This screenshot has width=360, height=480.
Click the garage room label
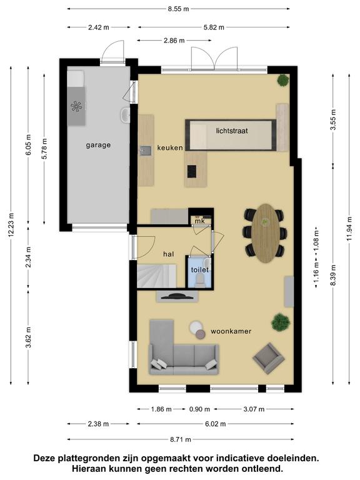[x=98, y=145]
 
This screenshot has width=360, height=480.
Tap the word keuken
[x=170, y=148]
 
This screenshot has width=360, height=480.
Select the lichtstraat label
[x=232, y=131]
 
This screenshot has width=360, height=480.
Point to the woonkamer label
[x=231, y=331]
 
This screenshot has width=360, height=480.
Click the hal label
[x=169, y=254]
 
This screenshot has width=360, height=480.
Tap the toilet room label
[x=200, y=270]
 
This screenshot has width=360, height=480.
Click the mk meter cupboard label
[x=199, y=221]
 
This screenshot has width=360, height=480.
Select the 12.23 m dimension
[x=11, y=225]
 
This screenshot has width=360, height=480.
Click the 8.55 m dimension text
[x=178, y=9]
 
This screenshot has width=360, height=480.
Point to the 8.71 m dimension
[x=180, y=439]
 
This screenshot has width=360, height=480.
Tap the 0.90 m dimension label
[x=199, y=409]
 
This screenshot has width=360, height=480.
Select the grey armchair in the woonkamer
[x=269, y=358]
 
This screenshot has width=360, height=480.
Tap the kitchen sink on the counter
[x=146, y=151]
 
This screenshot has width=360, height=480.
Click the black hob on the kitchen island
[x=192, y=171]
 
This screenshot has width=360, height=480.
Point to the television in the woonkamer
[x=177, y=296]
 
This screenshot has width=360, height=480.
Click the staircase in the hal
[x=156, y=276]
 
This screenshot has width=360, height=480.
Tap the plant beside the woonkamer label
[x=281, y=322]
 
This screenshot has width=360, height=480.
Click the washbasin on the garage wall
[x=125, y=115]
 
